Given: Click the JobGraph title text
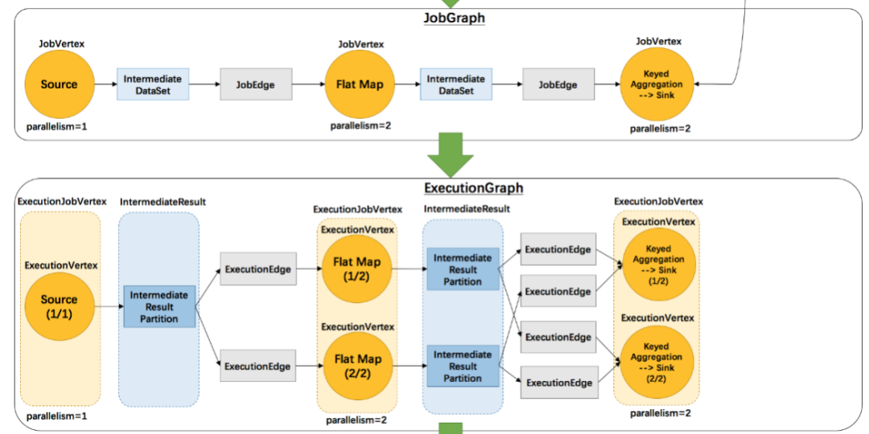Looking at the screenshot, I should point(454,18).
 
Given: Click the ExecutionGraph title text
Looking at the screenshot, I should point(473,188).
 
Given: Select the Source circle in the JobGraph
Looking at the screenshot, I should point(60,84).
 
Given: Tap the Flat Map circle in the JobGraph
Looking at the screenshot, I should point(360,84).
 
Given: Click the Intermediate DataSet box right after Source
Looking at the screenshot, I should point(153,84).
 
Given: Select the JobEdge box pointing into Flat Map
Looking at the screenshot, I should point(257,84).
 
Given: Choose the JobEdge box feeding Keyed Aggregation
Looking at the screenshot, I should point(558,84).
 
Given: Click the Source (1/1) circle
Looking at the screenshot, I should point(60,306).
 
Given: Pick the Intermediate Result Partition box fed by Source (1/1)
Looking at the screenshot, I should point(159,306).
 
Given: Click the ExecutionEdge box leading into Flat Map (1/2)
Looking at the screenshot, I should point(257,269).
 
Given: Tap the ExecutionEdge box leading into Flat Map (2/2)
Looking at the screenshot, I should point(257,366).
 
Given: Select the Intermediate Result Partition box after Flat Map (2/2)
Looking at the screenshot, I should point(463,366).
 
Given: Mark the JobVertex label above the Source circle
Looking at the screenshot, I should point(61,43).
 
